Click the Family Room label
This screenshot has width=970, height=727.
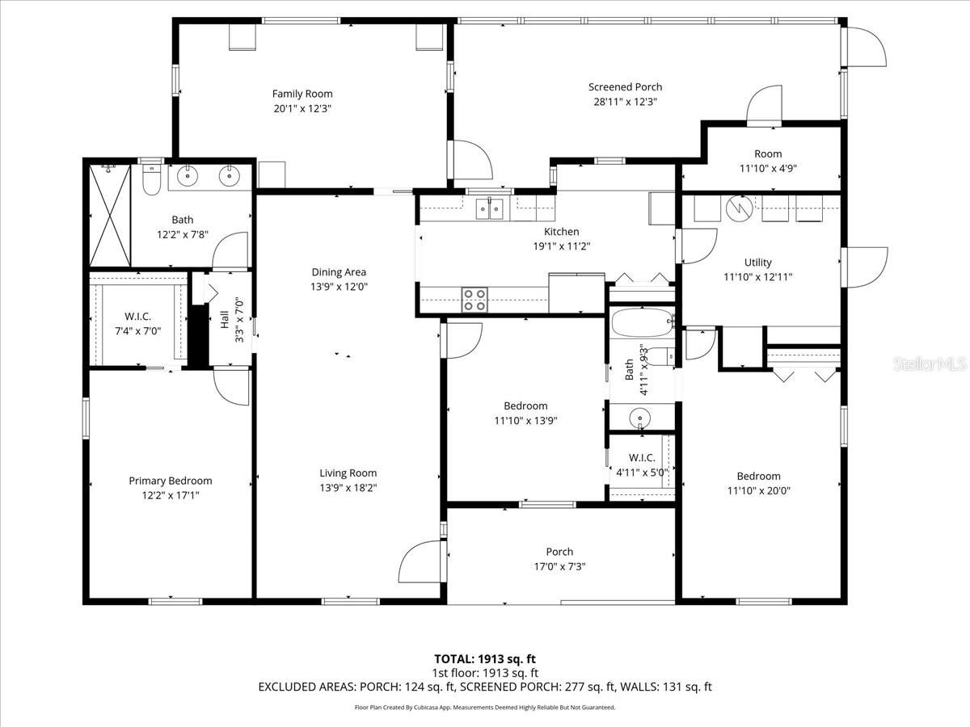click(x=302, y=94)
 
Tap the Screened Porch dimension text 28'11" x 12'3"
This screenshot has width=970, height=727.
click(x=625, y=102)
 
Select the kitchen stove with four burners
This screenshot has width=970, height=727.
click(x=474, y=299)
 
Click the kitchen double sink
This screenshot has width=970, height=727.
click(x=490, y=208)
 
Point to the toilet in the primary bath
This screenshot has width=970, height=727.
click(x=150, y=180)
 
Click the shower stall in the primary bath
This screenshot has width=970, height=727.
click(x=109, y=215)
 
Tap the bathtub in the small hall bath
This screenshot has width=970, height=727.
click(x=642, y=325)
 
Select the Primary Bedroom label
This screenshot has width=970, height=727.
click(x=170, y=481)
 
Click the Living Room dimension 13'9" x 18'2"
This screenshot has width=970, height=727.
click(x=348, y=487)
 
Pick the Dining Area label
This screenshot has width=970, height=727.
click(x=339, y=272)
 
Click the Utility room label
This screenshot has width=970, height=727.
click(x=757, y=262)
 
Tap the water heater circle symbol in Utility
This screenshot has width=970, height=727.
click(x=737, y=208)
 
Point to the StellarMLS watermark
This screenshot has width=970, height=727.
click(x=929, y=365)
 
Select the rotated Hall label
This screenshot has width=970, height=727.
click(x=225, y=319)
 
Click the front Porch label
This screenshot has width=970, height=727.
click(x=559, y=552)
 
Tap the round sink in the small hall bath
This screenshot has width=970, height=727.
click(x=640, y=418)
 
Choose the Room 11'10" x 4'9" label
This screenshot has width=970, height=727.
click(x=767, y=153)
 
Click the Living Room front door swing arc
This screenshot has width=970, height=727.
click(x=417, y=559)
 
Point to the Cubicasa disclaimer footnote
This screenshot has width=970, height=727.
click(x=485, y=707)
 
